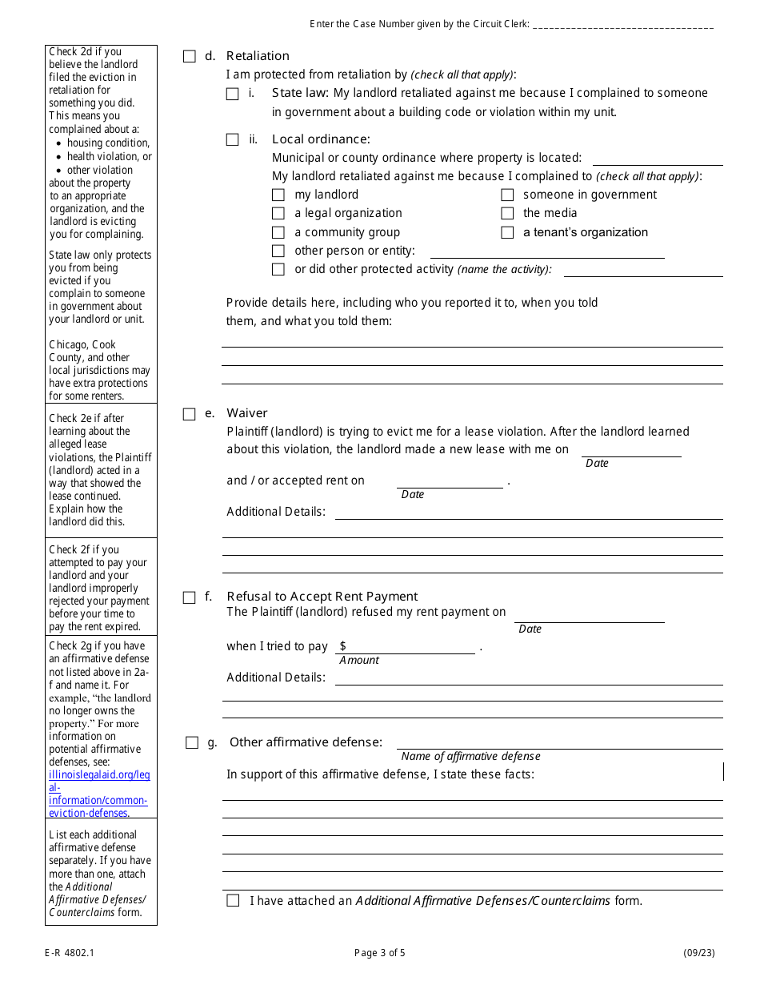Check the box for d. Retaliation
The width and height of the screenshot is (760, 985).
(x=189, y=56)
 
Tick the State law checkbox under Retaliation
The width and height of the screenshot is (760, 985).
(x=232, y=94)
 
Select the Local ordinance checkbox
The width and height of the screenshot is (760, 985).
(x=232, y=139)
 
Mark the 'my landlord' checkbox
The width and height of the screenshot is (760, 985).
(x=278, y=195)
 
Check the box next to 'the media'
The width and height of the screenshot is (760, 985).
(x=507, y=213)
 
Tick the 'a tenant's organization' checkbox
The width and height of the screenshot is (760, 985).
(x=507, y=232)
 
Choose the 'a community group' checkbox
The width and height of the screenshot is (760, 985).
(x=278, y=232)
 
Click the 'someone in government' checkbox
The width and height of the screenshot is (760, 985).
(x=507, y=195)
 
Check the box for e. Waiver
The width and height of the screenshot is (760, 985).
(x=189, y=414)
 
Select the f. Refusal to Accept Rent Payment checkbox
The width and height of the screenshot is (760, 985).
(x=189, y=597)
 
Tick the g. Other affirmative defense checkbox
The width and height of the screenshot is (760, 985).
(x=192, y=742)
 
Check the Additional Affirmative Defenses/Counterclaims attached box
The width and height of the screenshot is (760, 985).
(x=233, y=900)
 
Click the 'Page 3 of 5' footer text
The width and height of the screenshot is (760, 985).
(x=380, y=953)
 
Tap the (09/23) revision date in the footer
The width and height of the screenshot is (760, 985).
(x=698, y=953)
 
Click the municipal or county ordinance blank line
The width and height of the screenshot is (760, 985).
(x=657, y=158)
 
